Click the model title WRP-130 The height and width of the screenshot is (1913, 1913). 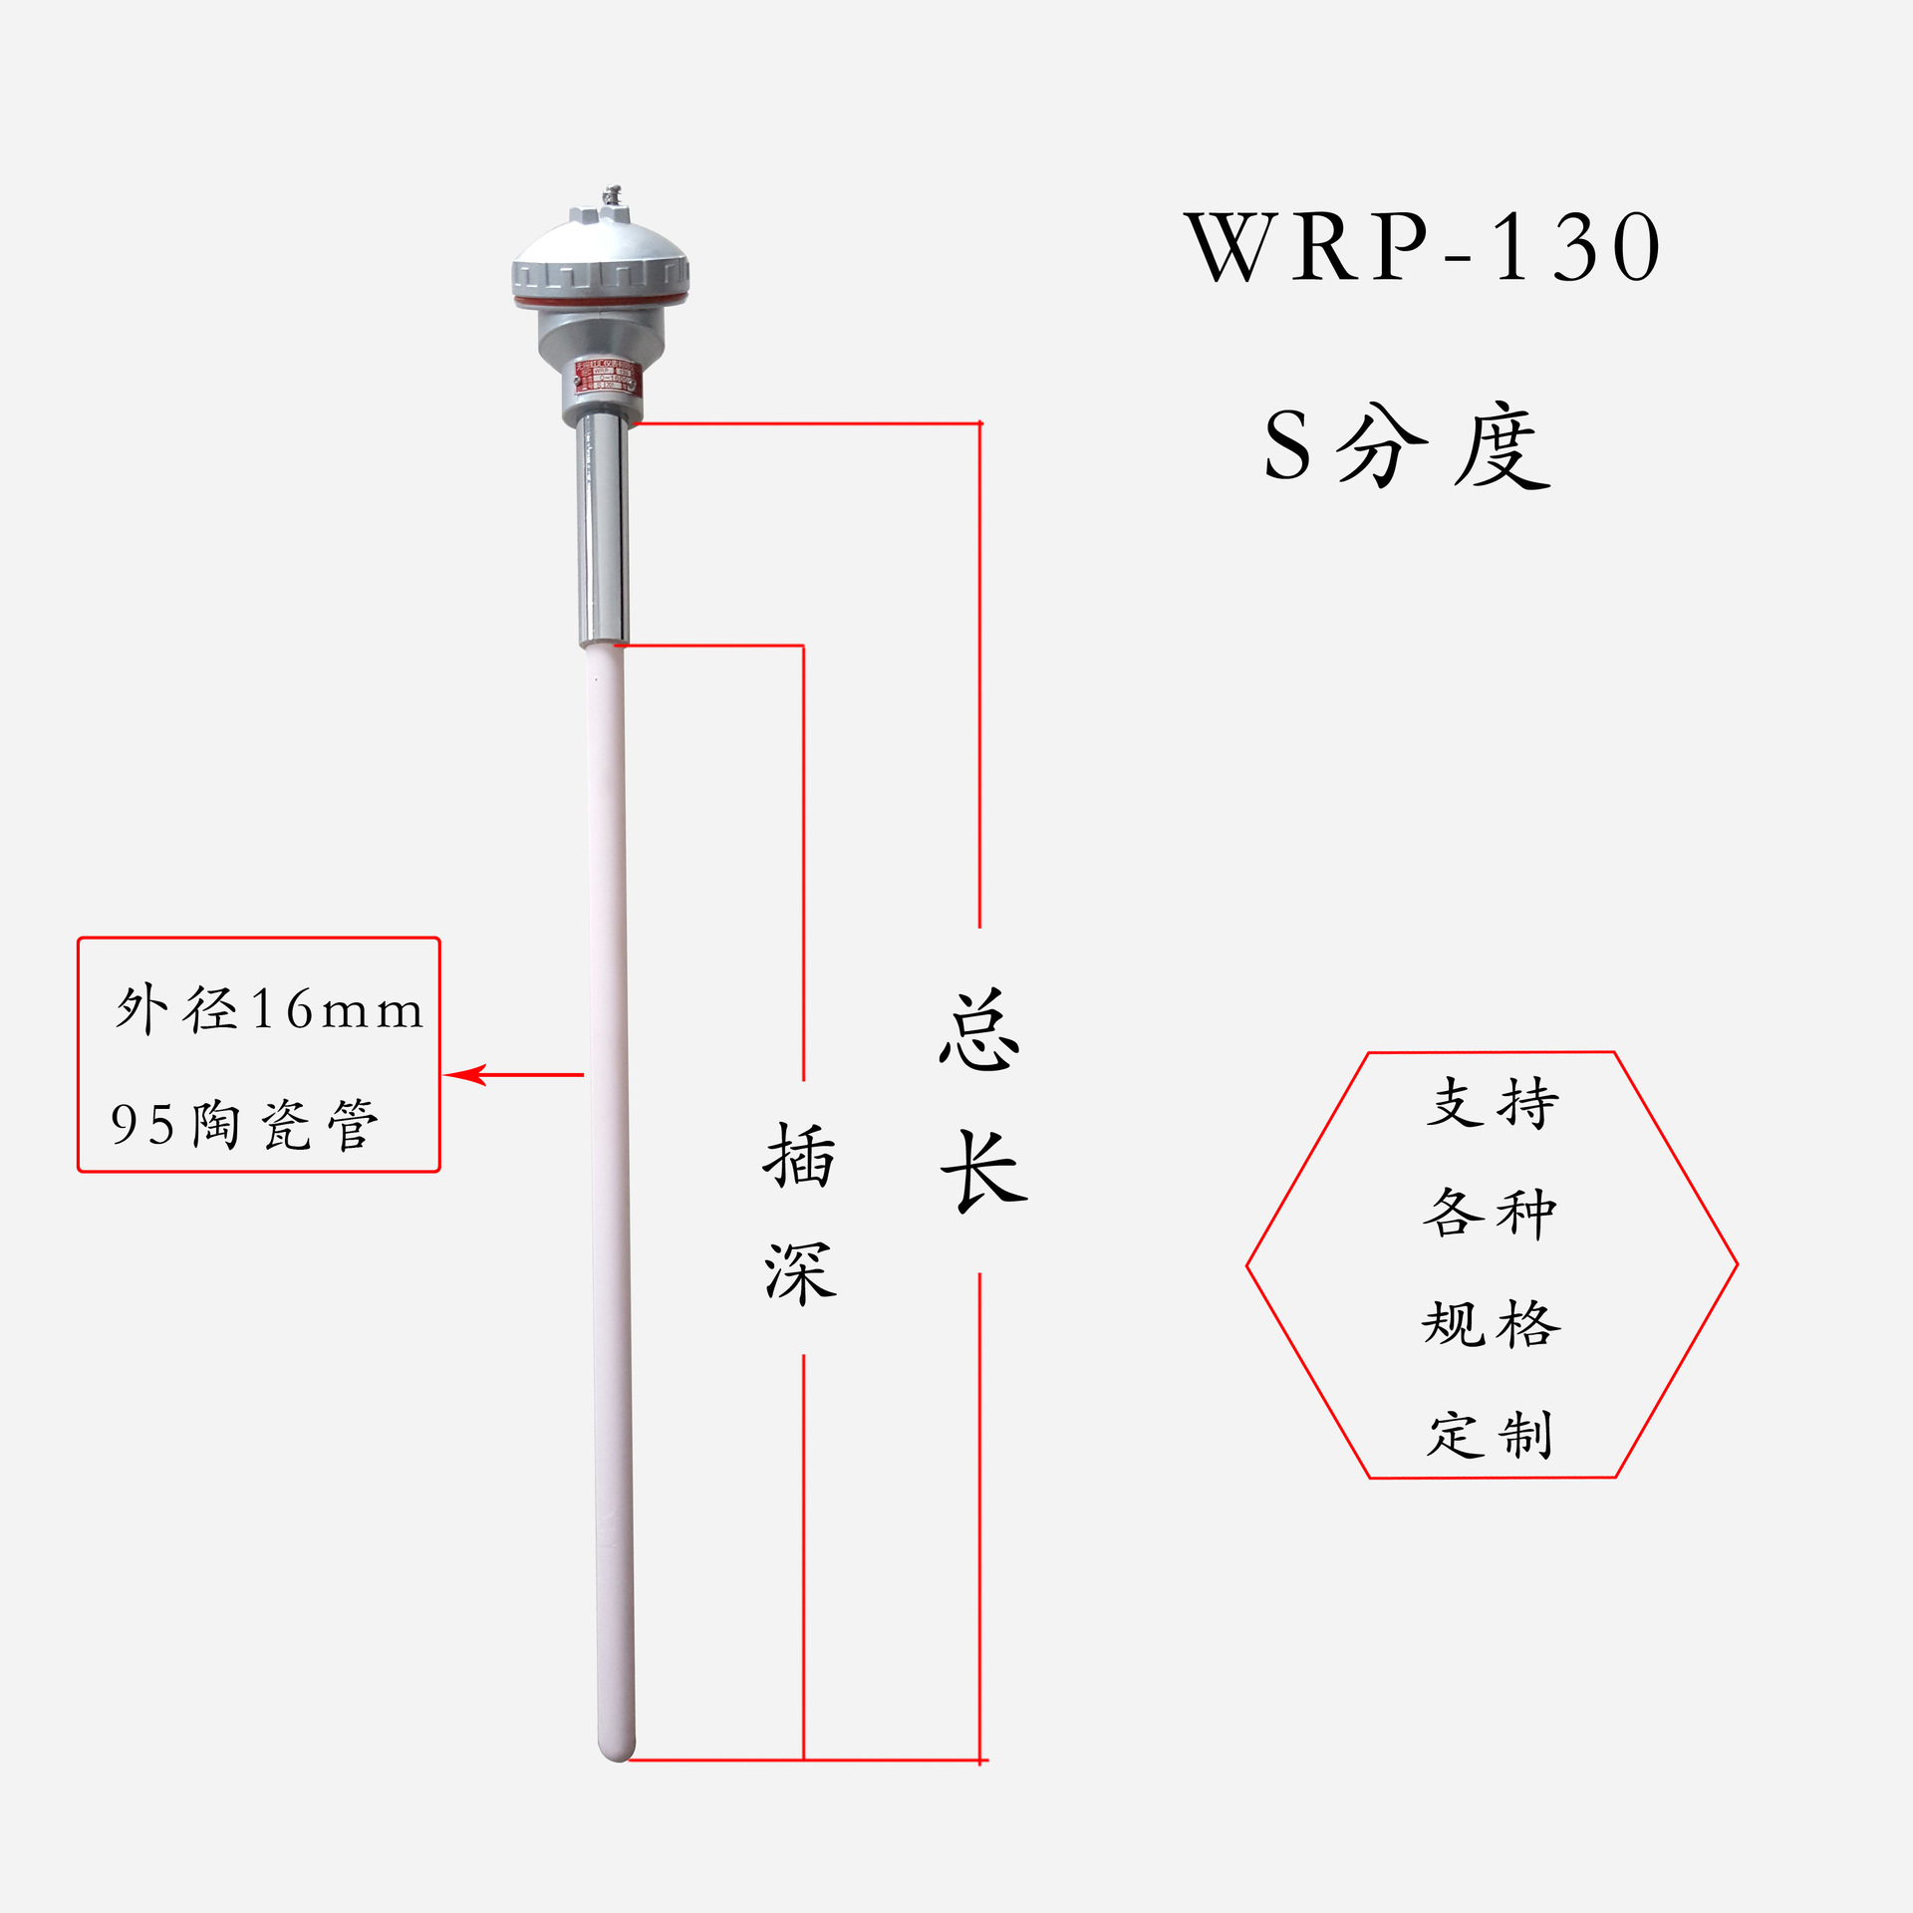[x=1423, y=247]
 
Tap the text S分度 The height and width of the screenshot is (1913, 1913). [x=1407, y=446]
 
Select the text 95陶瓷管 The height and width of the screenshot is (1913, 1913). [x=244, y=1124]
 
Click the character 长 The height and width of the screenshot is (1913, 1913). [x=982, y=1172]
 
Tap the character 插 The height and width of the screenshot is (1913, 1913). [x=799, y=1156]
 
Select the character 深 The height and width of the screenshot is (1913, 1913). [x=800, y=1273]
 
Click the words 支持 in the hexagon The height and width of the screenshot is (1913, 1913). [x=1492, y=1103]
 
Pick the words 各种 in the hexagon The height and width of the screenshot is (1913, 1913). [x=1490, y=1214]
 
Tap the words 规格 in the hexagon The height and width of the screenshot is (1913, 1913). [x=1491, y=1324]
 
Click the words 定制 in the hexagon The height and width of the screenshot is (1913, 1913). [x=1490, y=1435]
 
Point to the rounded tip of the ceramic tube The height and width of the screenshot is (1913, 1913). [x=617, y=1750]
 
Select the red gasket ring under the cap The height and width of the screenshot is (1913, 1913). [x=601, y=299]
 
